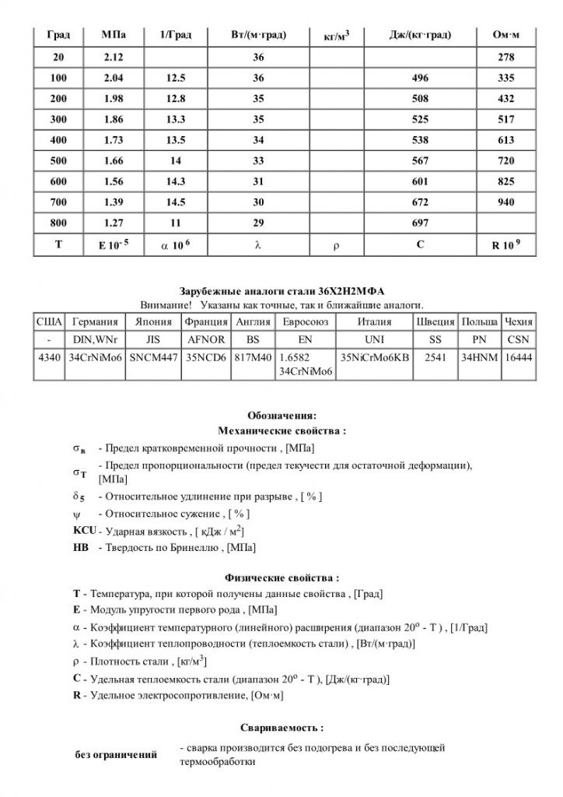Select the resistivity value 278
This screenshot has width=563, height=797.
tap(504, 58)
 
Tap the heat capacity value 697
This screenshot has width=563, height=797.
tap(419, 223)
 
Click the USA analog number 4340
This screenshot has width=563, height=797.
tap(48, 357)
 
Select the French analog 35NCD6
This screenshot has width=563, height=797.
tap(206, 357)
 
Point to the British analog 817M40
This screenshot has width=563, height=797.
tap(252, 357)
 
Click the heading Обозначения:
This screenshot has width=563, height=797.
tap(281, 415)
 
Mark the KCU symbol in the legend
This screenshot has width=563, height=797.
tap(83, 531)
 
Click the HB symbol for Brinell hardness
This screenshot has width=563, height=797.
tap(80, 548)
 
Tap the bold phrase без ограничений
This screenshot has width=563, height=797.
tap(116, 754)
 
